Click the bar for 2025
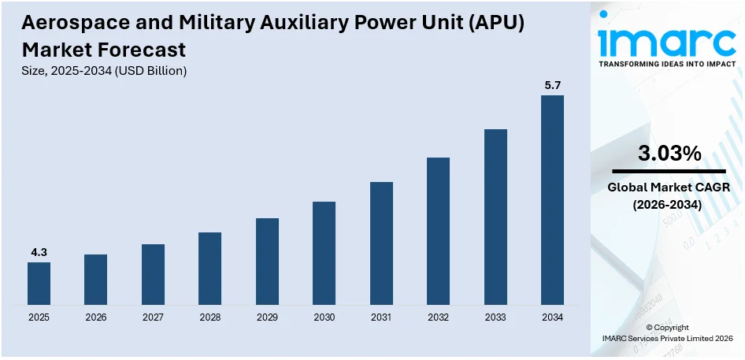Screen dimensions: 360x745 click(x=39, y=284)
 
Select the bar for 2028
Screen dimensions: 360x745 click(x=209, y=269)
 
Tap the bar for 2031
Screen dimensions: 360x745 click(x=381, y=243)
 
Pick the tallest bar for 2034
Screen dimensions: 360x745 click(x=552, y=200)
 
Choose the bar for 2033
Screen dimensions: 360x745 click(x=495, y=217)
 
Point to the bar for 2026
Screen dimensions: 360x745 click(x=95, y=280)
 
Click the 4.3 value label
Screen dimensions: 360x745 click(x=39, y=252)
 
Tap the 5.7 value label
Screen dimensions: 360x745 click(x=552, y=84)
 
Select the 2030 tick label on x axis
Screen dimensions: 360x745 click(x=324, y=317)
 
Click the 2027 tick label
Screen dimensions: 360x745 click(x=153, y=317)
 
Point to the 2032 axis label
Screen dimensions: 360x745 click(x=438, y=317)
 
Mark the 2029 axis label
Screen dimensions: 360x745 click(x=267, y=317)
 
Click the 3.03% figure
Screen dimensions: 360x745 click(x=669, y=154)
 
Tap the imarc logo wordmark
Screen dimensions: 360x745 click(x=669, y=39)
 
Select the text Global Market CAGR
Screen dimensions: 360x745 click(x=669, y=187)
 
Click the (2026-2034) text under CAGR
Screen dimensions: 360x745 click(x=669, y=204)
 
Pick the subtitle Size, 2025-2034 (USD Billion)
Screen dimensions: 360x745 click(x=104, y=71)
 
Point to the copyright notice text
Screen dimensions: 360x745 click(x=667, y=332)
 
